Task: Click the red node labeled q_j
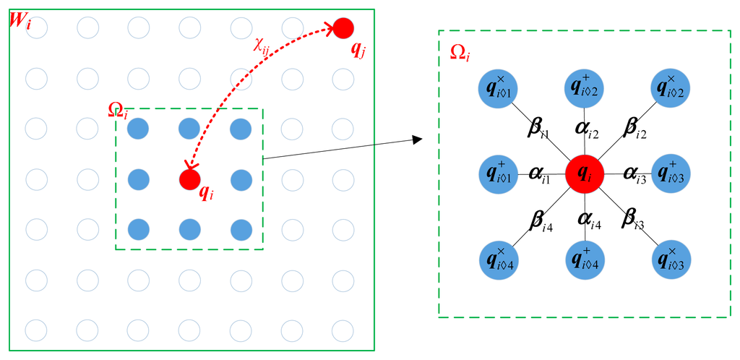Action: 343,28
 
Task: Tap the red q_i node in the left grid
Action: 189,178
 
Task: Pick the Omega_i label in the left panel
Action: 118,111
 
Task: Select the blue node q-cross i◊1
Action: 497,88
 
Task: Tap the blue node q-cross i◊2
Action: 670,88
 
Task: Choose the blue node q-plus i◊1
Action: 497,174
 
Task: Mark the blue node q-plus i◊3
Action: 670,174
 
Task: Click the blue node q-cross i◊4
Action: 497,260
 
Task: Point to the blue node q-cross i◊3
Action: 670,260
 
